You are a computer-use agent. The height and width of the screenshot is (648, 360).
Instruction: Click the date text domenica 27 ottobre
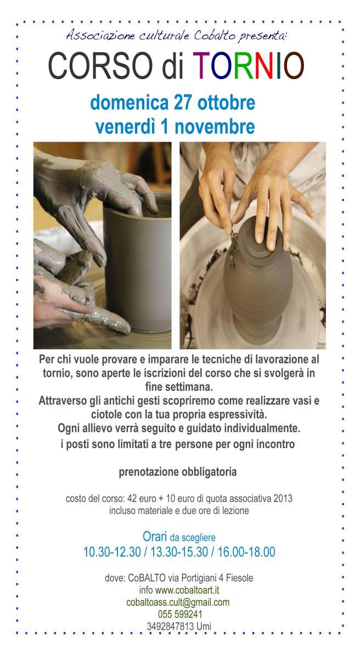(x=172, y=103)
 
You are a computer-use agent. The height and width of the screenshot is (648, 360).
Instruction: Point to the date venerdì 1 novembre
(x=175, y=127)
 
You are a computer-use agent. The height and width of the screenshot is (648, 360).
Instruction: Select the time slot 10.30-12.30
(x=112, y=552)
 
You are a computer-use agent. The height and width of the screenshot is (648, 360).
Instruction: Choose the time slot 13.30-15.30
(x=179, y=552)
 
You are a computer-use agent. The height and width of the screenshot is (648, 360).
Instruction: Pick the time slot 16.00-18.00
(x=246, y=552)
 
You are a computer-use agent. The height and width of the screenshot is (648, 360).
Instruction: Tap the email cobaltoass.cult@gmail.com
(x=178, y=602)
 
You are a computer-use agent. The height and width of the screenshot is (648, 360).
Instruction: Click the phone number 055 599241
(x=180, y=614)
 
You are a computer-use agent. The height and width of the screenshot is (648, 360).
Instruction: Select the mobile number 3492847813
(x=170, y=627)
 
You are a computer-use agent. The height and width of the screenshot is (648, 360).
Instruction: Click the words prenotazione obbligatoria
(x=178, y=472)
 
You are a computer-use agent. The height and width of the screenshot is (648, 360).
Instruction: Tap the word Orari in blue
(x=155, y=537)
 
